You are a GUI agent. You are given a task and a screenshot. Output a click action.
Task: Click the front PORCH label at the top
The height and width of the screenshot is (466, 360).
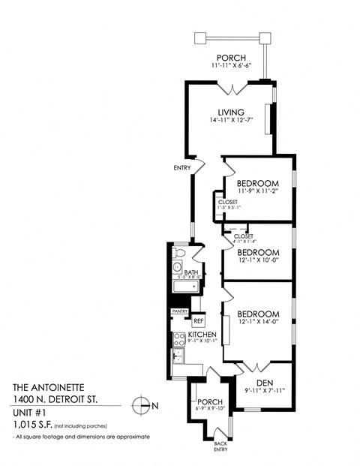tap(230, 58)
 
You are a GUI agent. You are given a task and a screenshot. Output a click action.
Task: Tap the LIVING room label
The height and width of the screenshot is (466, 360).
tap(230, 113)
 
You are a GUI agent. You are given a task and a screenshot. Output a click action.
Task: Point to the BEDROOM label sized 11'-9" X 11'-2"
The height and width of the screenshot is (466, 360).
tap(258, 183)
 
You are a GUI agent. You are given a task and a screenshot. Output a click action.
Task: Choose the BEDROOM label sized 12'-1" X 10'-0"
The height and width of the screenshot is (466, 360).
tap(258, 253)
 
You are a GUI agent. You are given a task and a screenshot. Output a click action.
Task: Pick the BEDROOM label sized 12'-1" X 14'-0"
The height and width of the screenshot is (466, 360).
tap(258, 314)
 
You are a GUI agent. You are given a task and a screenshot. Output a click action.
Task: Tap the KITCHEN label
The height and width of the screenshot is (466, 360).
tap(202, 333)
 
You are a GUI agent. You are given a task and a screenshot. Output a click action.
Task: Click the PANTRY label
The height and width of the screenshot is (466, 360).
tap(179, 311)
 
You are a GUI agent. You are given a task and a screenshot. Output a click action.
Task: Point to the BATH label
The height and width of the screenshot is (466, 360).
tap(192, 272)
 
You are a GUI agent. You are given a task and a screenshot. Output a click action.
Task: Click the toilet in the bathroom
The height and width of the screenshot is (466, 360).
tap(176, 266)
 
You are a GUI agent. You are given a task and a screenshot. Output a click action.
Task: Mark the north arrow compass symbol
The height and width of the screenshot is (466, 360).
tap(139, 405)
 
